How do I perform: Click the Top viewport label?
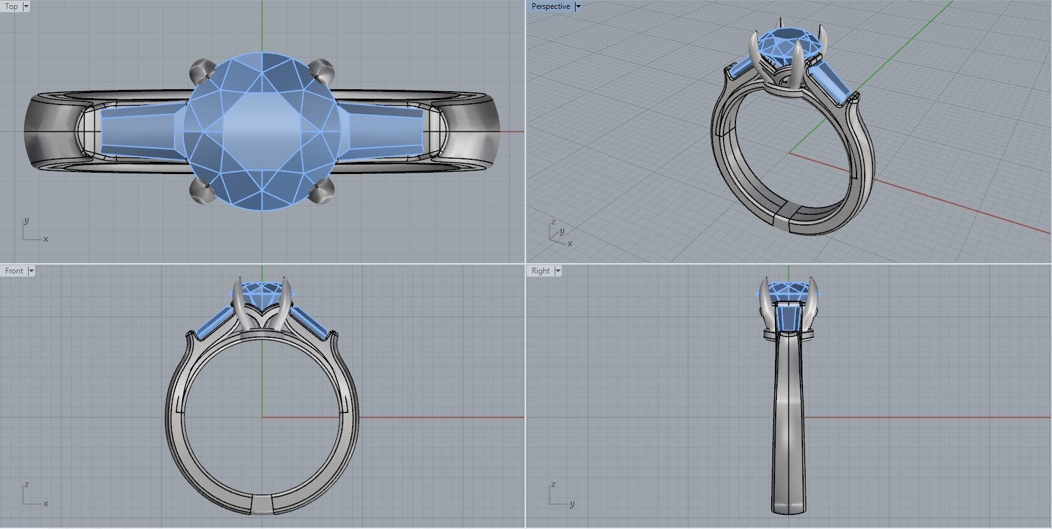tap(11, 6)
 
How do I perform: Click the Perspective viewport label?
tap(550, 6)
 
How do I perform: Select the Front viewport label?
tap(13, 271)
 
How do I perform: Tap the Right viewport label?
tap(540, 271)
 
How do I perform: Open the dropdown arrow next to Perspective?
tap(578, 6)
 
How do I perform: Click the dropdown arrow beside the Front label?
tap(31, 271)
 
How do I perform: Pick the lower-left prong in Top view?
tap(201, 191)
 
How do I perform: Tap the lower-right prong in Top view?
tap(322, 191)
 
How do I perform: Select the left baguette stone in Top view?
tap(140, 131)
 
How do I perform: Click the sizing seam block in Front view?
tap(262, 505)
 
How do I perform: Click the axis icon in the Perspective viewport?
tap(558, 233)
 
